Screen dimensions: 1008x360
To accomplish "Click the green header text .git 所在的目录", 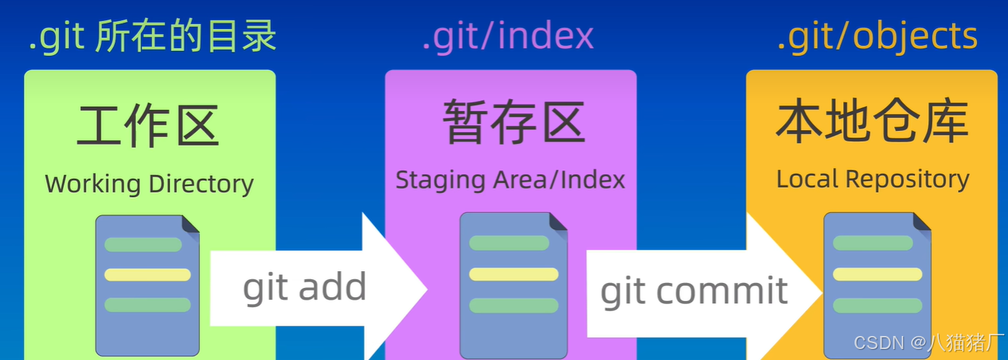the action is pos(153,37).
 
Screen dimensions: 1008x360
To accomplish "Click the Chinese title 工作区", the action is pos(148,125).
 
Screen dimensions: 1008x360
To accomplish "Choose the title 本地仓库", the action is pos(872,121).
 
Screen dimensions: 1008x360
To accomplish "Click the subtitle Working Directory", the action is pos(149,183).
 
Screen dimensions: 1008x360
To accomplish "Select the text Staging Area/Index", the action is pos(510,180).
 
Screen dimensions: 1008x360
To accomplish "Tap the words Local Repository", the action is pos(873,179).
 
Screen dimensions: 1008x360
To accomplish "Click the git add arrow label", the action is pos(304,287).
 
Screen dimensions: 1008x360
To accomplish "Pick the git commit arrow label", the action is pos(694,291).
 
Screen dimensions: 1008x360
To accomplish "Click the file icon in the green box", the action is pos(148,285).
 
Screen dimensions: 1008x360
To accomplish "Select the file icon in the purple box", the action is pos(513,285).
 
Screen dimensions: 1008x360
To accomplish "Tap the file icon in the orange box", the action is pos(877,285).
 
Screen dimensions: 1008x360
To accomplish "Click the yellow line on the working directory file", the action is pos(148,275).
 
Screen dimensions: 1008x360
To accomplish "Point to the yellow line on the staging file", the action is pos(513,274).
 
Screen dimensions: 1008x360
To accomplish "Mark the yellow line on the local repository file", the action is pos(877,274).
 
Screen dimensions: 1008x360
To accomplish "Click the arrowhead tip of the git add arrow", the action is pos(425,289).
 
